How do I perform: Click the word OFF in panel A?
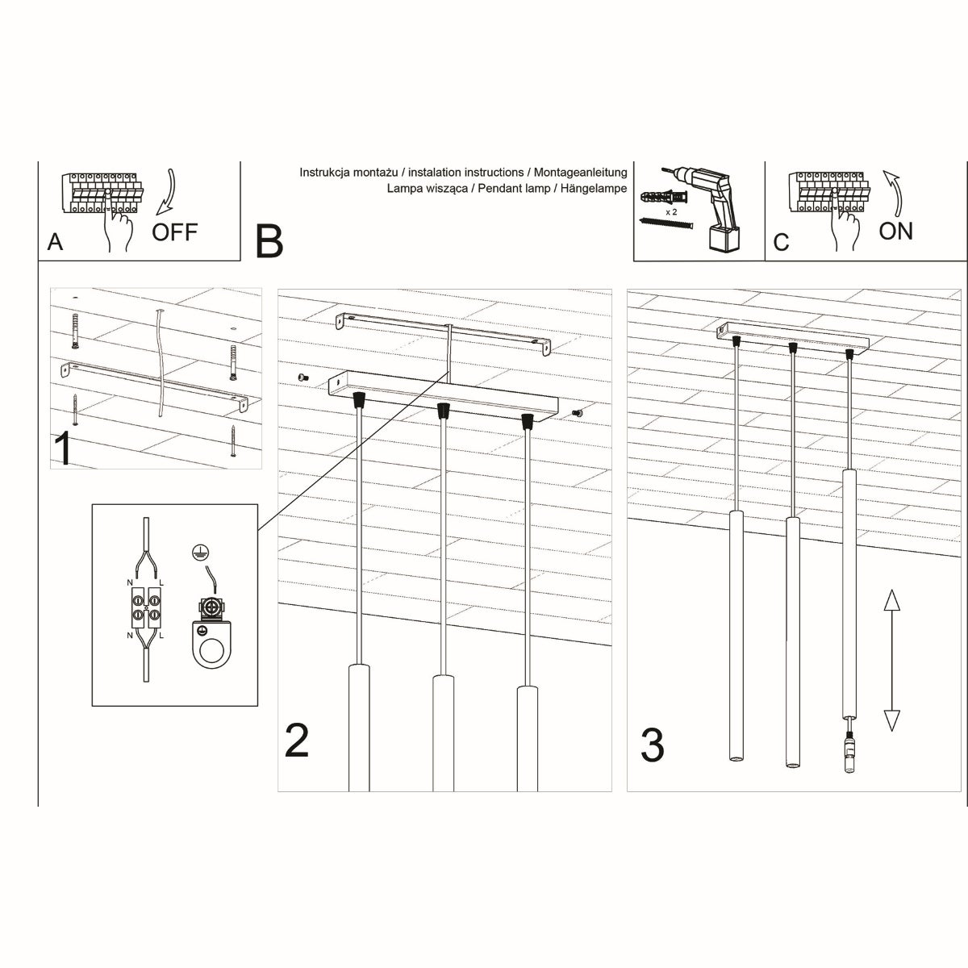coord(174,232)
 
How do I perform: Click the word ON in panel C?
coord(895,232)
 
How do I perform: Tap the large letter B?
coord(269,240)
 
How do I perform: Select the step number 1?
coord(64,449)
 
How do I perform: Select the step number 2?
coord(297,741)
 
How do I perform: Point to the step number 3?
coord(652,745)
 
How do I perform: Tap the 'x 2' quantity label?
coord(670,211)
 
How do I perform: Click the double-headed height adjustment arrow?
coord(891,660)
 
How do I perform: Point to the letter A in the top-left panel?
coord(55,242)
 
